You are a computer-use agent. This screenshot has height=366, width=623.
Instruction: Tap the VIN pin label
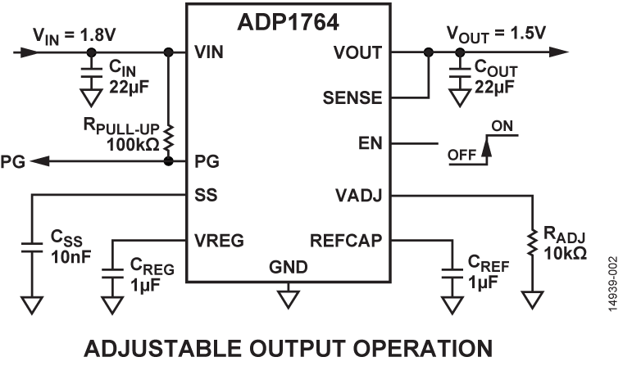pyautogui.click(x=211, y=52)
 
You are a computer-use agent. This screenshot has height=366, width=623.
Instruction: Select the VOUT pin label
pyautogui.click(x=357, y=52)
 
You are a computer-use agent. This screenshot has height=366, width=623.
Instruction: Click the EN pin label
pyautogui.click(x=370, y=144)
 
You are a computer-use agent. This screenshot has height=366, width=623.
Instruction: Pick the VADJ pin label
pyautogui.click(x=358, y=197)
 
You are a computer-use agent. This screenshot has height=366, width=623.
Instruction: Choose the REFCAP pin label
pyautogui.click(x=346, y=241)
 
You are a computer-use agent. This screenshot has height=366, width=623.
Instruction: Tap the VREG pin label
pyautogui.click(x=219, y=241)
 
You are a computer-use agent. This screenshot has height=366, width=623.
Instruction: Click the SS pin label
pyautogui.click(x=204, y=197)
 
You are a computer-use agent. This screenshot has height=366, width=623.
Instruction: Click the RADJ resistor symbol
pyautogui.click(x=532, y=243)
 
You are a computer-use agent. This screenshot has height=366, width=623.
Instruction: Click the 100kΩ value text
pyautogui.click(x=133, y=145)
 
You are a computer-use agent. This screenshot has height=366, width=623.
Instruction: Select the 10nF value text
pyautogui.click(x=67, y=259)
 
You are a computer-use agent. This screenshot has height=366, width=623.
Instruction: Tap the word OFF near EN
pyautogui.click(x=463, y=154)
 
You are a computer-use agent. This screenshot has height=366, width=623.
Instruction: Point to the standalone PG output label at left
pyautogui.click(x=14, y=160)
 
